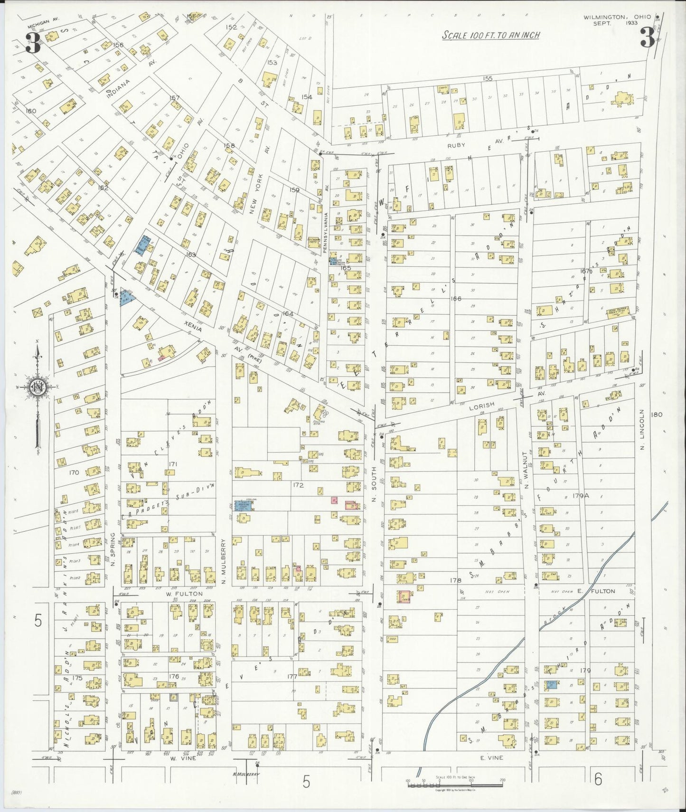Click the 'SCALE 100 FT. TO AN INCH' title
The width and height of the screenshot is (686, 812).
click(490, 35)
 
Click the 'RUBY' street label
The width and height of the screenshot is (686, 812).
click(456, 145)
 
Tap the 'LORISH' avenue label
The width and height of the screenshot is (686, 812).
click(482, 406)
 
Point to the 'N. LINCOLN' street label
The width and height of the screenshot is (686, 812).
click(641, 430)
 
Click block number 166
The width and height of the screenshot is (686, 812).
click(456, 299)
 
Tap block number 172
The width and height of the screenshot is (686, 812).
click(298, 485)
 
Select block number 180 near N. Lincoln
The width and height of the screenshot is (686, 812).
click(657, 415)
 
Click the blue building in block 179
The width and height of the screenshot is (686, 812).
click(552, 684)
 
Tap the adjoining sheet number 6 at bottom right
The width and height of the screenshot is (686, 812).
click(598, 779)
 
